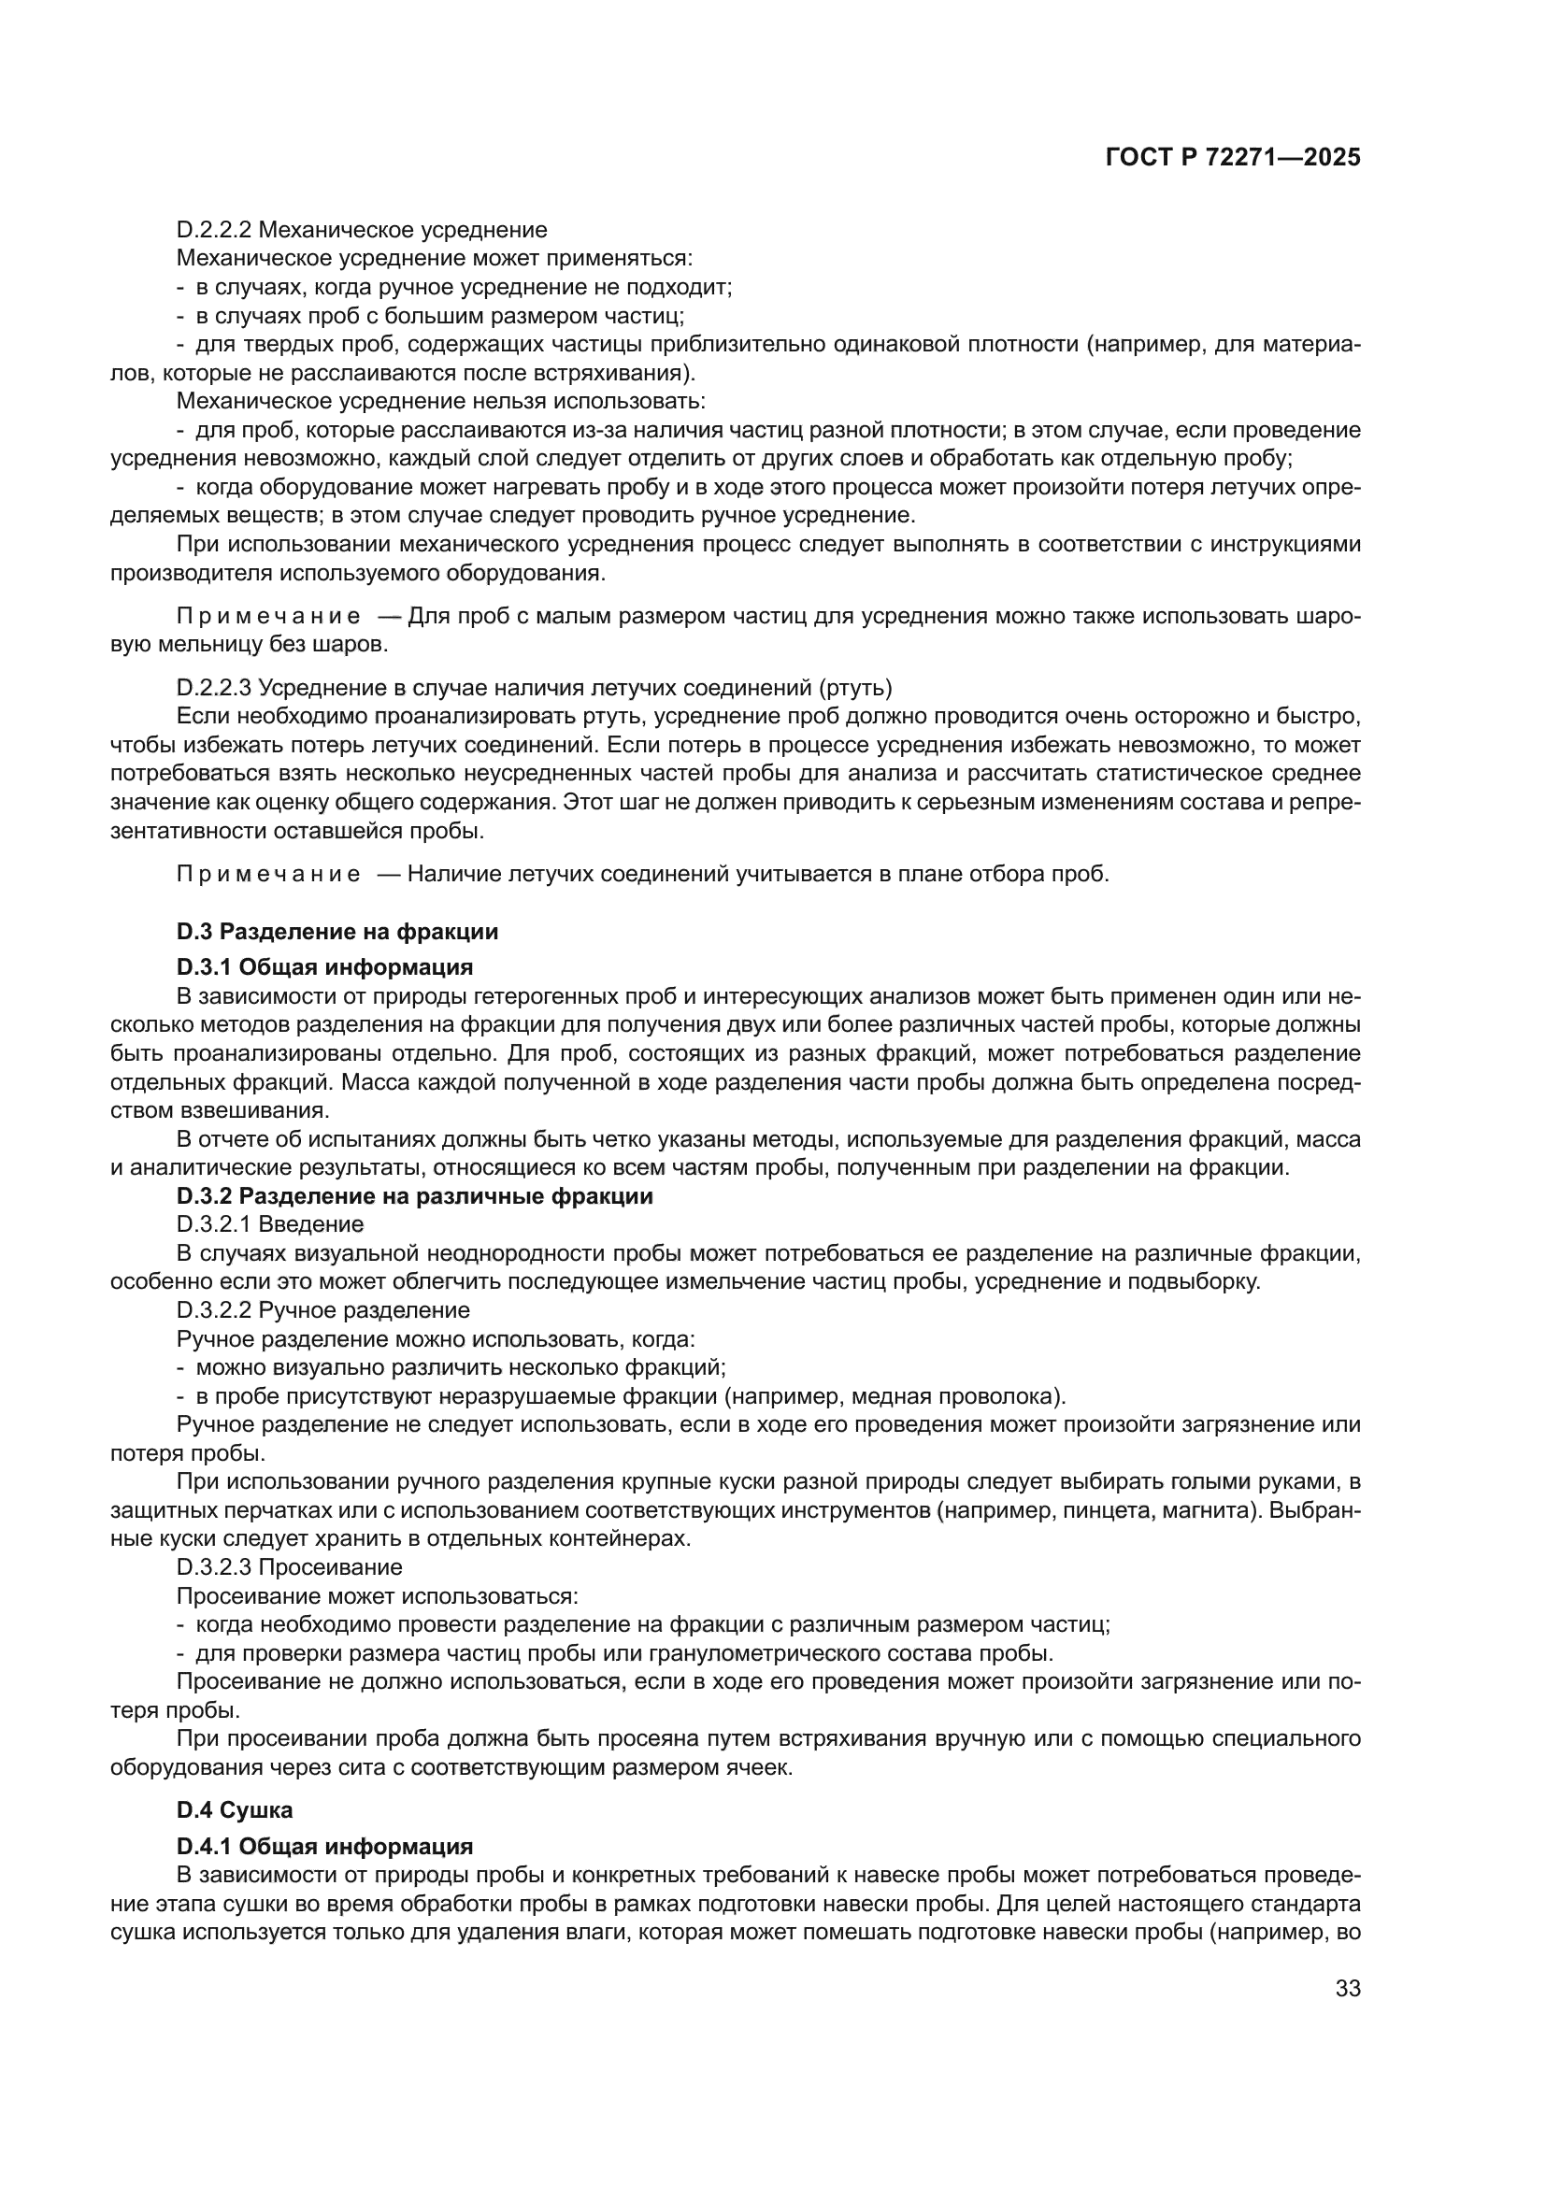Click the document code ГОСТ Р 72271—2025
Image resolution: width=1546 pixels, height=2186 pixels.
coord(1233,157)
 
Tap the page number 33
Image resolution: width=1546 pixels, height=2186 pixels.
coord(1347,1988)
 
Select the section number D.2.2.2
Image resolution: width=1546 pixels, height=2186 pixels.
coord(214,230)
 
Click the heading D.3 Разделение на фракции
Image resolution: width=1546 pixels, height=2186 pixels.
coord(337,931)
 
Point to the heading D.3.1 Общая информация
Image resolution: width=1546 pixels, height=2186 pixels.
coord(324,967)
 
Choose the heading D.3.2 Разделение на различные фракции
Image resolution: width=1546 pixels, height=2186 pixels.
coord(415,1196)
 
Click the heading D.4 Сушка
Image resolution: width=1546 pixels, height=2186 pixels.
coord(235,1810)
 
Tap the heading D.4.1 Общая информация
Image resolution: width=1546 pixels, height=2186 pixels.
coord(324,1846)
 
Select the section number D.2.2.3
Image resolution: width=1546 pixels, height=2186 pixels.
coord(214,687)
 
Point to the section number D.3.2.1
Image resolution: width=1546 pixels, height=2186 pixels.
coord(214,1223)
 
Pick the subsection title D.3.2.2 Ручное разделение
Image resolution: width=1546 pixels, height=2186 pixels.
coord(323,1310)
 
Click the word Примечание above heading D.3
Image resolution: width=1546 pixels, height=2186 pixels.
coord(268,874)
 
